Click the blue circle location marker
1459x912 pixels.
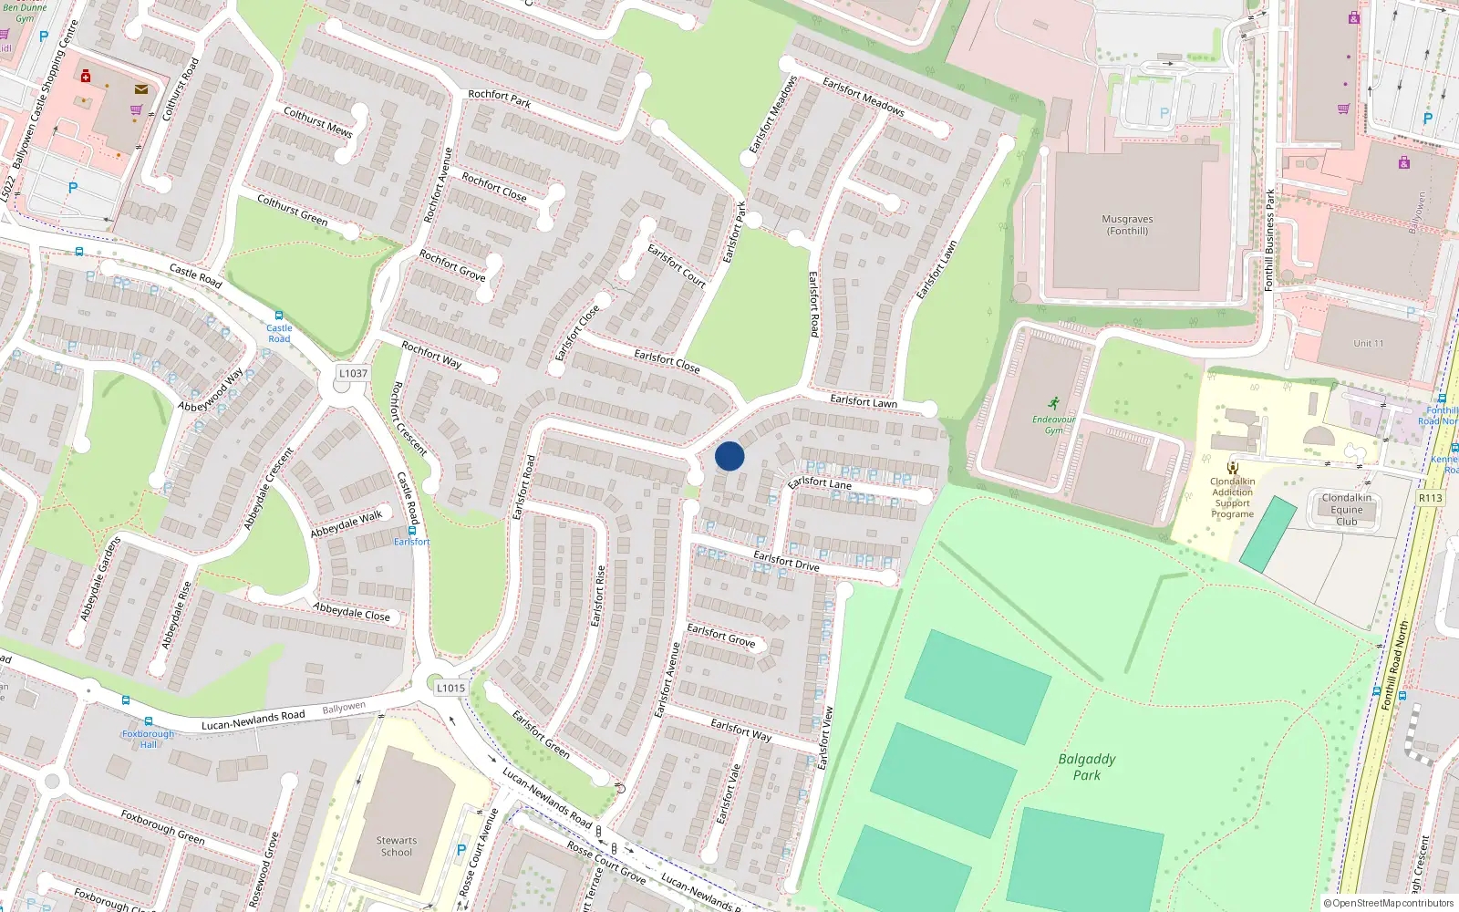(x=729, y=456)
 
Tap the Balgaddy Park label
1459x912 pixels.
(x=1086, y=766)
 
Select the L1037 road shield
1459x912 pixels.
(x=353, y=373)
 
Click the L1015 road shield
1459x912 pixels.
(x=450, y=688)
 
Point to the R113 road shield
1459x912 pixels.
(x=1430, y=497)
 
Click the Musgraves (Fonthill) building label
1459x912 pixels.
(x=1127, y=224)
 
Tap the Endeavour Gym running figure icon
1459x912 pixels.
(x=1054, y=403)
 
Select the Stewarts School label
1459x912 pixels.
(x=397, y=846)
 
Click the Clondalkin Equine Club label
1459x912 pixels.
(x=1347, y=509)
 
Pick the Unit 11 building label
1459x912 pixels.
(x=1368, y=343)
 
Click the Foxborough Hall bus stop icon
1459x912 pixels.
(x=125, y=700)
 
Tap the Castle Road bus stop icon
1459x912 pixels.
(x=279, y=316)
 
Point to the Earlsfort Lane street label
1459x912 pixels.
(x=819, y=482)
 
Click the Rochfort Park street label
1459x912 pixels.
(x=499, y=98)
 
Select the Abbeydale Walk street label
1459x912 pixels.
(x=347, y=524)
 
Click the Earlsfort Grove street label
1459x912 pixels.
(x=721, y=635)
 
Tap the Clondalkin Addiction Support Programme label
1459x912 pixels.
(x=1232, y=498)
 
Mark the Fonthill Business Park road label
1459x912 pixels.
(x=1269, y=240)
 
